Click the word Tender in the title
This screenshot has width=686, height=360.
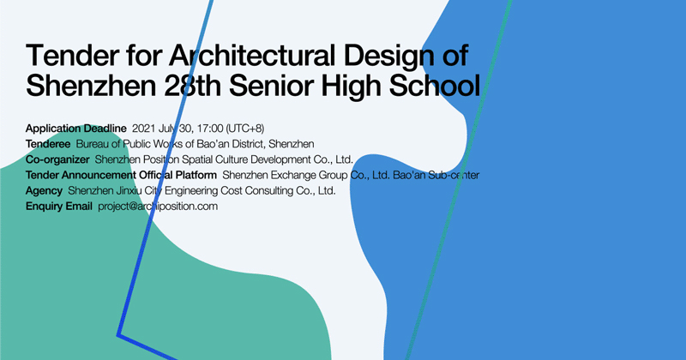(x=73, y=56)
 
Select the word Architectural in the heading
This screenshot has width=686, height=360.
(x=252, y=56)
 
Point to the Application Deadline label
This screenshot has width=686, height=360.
(x=75, y=129)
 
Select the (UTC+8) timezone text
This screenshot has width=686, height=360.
(x=245, y=129)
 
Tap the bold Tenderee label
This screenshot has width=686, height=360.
(x=48, y=144)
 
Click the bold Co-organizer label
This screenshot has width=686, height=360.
(x=57, y=159)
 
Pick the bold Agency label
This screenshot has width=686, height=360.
(x=44, y=191)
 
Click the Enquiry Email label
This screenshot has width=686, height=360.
(x=58, y=206)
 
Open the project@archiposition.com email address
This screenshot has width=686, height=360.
(x=158, y=207)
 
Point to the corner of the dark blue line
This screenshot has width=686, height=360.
(x=118, y=335)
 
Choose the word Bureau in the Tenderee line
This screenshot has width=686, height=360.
(x=93, y=144)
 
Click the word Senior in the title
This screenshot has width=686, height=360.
(x=273, y=86)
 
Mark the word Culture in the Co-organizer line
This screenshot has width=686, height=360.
(x=232, y=159)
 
